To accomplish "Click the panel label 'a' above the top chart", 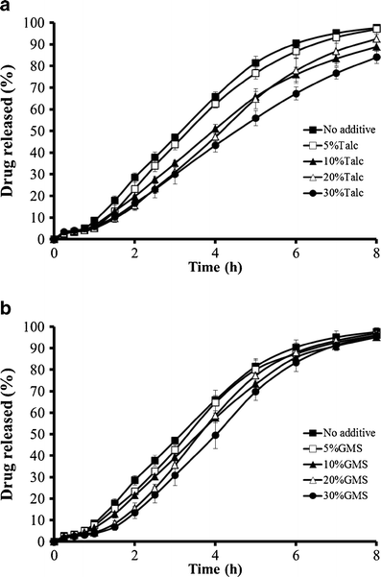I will coord(7,8).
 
